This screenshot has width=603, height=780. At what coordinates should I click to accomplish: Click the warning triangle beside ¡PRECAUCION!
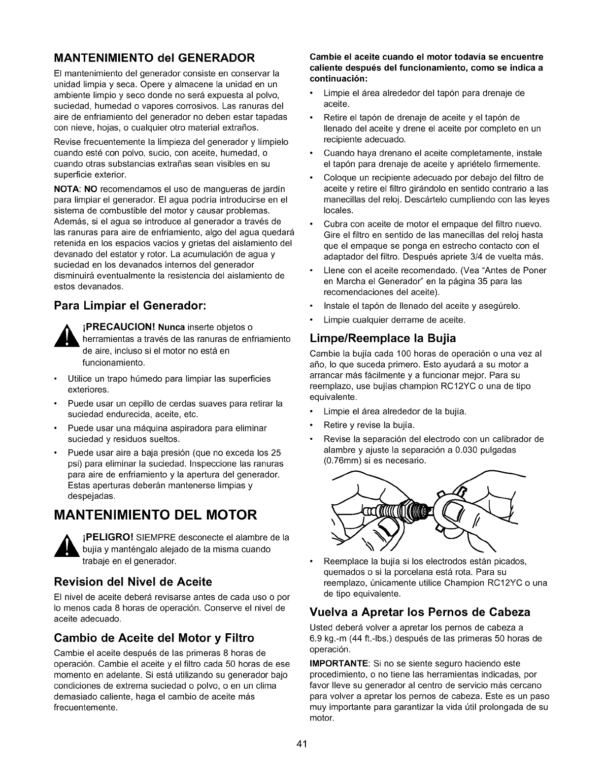[66, 339]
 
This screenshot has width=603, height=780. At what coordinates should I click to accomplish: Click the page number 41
[302, 744]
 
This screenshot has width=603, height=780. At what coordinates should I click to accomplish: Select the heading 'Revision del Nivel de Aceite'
[133, 582]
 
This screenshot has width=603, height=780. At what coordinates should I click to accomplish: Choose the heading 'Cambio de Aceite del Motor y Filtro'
[153, 638]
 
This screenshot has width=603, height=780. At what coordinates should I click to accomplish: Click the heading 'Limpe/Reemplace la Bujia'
[383, 338]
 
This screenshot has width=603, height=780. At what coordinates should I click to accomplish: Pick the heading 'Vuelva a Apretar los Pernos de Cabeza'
[420, 613]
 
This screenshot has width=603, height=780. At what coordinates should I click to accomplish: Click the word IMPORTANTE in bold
[339, 664]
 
